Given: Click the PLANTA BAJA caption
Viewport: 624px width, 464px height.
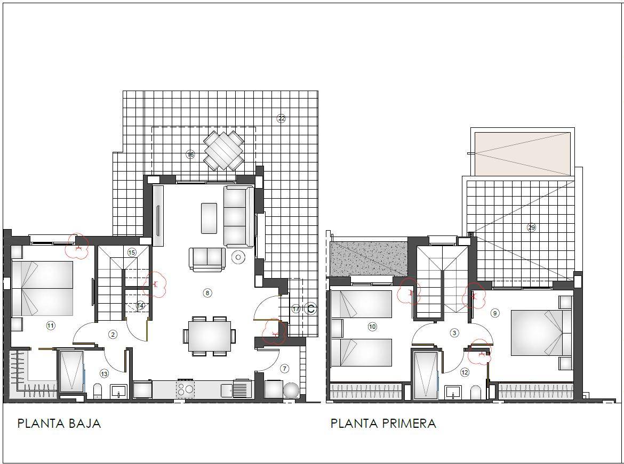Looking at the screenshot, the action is [x=59, y=424].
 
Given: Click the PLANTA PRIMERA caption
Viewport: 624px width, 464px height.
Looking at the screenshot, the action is [x=383, y=424].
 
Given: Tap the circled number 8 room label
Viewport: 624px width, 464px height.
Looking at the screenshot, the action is [x=207, y=293].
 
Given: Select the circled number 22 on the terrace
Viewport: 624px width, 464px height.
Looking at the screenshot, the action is [x=282, y=118].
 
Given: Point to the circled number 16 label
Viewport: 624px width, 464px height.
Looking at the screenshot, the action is [x=190, y=154].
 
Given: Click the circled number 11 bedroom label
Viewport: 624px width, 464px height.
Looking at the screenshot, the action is [x=51, y=325].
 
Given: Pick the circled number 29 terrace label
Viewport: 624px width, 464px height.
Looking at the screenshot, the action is [x=531, y=227].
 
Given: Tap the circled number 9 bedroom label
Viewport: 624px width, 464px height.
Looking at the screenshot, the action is [x=495, y=313].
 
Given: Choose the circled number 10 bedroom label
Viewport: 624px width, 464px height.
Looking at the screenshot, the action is [x=372, y=327].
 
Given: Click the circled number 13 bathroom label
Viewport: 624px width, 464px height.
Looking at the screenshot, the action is [x=104, y=374].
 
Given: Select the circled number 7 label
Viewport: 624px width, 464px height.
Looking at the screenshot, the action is [x=284, y=369].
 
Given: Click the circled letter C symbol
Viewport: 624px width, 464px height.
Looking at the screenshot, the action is [x=311, y=308].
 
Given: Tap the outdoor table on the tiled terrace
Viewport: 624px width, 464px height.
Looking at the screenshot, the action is [x=223, y=150].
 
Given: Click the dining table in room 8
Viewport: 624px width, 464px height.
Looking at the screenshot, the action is [x=209, y=336].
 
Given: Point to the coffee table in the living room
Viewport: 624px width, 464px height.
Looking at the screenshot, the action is [x=209, y=218].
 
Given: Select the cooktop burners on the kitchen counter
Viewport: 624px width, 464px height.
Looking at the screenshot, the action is [x=185, y=388].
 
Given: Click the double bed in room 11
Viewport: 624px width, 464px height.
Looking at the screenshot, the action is [x=42, y=288].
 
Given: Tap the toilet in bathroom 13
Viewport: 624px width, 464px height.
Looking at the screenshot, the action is [x=98, y=391].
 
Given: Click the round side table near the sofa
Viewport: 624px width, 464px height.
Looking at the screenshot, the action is [x=238, y=257].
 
